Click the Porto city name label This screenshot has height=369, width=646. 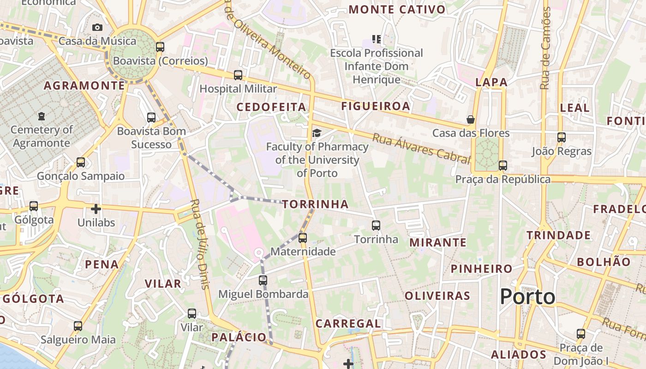click(527, 297)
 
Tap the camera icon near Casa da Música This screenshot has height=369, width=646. click(97, 27)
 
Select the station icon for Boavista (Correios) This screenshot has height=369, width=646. click(160, 47)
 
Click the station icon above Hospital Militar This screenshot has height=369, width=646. click(238, 75)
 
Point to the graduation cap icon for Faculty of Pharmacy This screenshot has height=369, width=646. click(317, 133)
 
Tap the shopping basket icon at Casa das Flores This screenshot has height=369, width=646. click(471, 119)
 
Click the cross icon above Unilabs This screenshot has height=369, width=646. click(96, 209)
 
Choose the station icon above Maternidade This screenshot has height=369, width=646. click(303, 238)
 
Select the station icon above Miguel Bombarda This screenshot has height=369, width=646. click(263, 280)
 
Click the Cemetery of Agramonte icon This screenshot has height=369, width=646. click(42, 116)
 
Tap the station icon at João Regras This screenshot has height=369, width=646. click(562, 137)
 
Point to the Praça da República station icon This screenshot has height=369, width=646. click(503, 166)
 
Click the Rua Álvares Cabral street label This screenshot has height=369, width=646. click(421, 149)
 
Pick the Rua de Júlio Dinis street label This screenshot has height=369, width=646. click(200, 244)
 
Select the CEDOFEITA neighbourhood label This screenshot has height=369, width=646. click(271, 107)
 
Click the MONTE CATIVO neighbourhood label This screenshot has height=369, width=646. click(397, 10)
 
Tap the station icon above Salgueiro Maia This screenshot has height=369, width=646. click(78, 326)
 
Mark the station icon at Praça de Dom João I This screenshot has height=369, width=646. click(581, 333)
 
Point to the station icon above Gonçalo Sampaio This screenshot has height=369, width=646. click(81, 162)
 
